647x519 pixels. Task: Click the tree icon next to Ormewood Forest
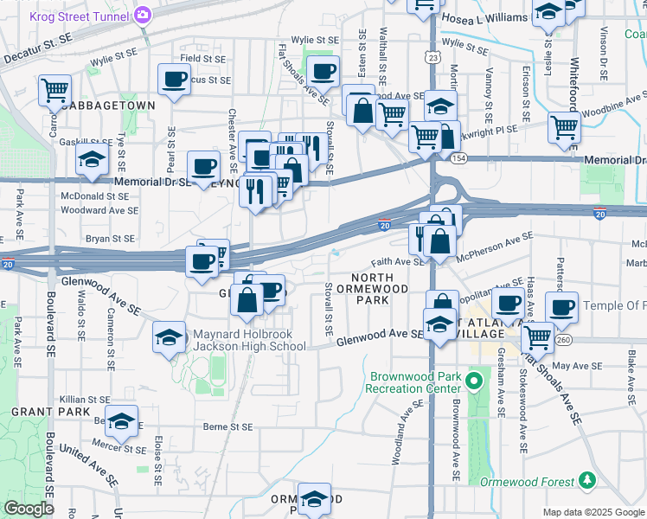pyautogui.click(x=587, y=479)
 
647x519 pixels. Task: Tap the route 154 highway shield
pyautogui.click(x=458, y=158)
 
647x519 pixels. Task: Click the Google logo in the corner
pyautogui.click(x=29, y=509)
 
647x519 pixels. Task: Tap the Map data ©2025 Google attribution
pyautogui.click(x=593, y=512)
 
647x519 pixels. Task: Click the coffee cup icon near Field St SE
pyautogui.click(x=174, y=80)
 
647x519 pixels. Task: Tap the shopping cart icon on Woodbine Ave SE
pyautogui.click(x=564, y=128)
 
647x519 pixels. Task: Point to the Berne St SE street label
pyautogui.click(x=227, y=426)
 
